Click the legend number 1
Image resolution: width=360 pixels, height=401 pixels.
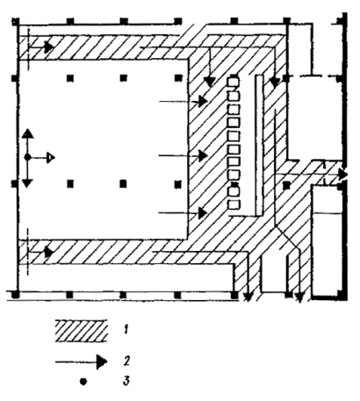pyautogui.click(x=126, y=330)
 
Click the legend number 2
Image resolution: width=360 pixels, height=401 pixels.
pyautogui.click(x=126, y=361)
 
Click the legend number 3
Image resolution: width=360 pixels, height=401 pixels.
pyautogui.click(x=126, y=381)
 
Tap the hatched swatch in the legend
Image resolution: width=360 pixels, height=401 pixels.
pyautogui.click(x=81, y=331)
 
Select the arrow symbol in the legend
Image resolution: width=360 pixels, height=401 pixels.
pyautogui.click(x=82, y=362)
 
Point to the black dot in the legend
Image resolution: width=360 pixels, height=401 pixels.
pyautogui.click(x=83, y=382)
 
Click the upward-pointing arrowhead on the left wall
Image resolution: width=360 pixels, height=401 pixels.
pyautogui.click(x=27, y=133)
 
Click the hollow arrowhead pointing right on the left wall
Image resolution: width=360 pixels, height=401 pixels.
pyautogui.click(x=51, y=158)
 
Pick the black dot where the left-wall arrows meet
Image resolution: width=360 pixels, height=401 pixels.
pyautogui.click(x=27, y=158)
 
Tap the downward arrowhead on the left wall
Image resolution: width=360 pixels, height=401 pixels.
pyautogui.click(x=27, y=183)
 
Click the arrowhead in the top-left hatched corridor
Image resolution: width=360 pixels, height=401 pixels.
pyautogui.click(x=49, y=47)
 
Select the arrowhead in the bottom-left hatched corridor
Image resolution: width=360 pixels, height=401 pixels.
pyautogui.click(x=49, y=252)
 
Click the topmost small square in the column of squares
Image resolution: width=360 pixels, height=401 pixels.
pyautogui.click(x=234, y=82)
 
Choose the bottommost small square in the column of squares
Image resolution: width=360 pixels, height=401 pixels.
pyautogui.click(x=234, y=204)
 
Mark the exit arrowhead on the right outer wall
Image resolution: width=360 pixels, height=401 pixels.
pyautogui.click(x=343, y=175)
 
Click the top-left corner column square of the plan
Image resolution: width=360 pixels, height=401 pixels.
pyautogui.click(x=15, y=22)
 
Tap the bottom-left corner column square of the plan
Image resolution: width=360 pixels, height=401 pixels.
pyautogui.click(x=15, y=295)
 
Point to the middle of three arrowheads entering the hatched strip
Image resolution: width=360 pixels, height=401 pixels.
pyautogui.click(x=203, y=155)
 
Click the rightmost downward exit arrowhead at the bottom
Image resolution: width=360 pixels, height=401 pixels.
pyautogui.click(x=299, y=297)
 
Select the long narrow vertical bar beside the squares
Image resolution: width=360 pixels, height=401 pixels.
pyautogui.click(x=259, y=146)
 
